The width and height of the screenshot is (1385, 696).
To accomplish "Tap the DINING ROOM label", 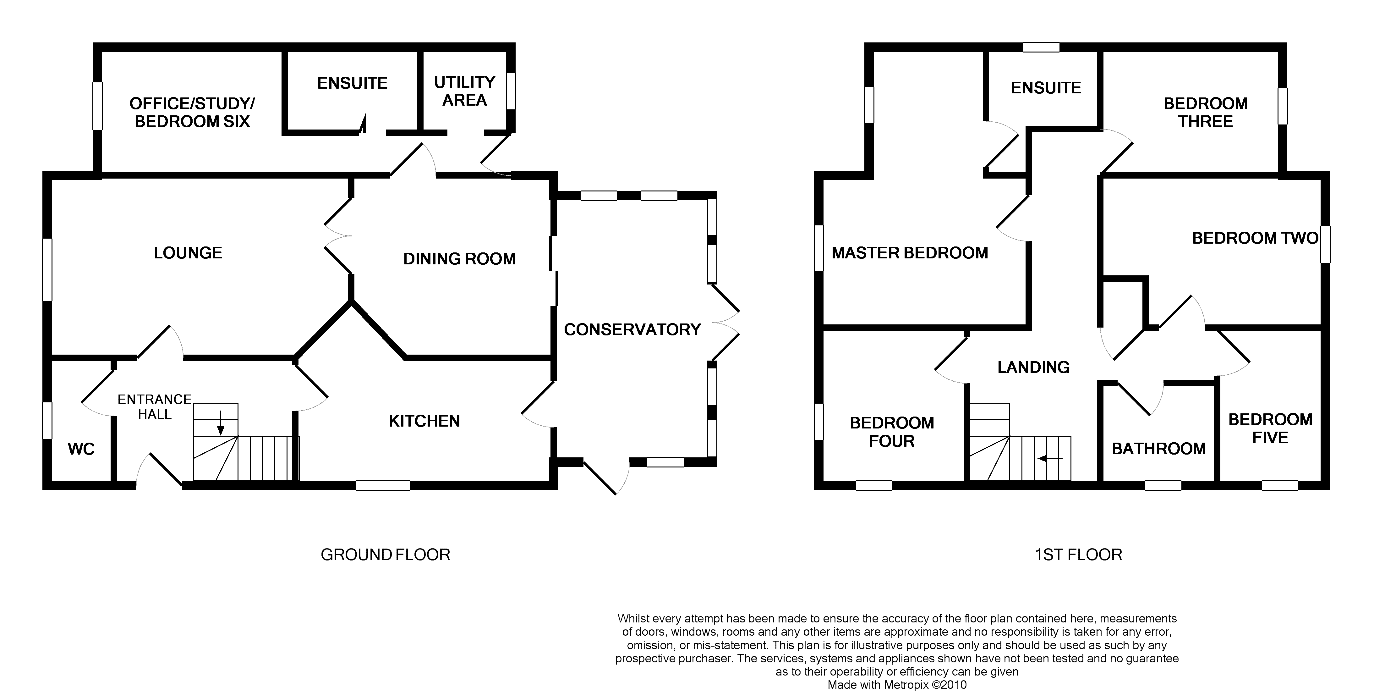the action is point(459,259).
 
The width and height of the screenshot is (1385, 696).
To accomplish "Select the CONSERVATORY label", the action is point(632,329).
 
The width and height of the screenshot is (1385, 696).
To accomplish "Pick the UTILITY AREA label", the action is point(464,91).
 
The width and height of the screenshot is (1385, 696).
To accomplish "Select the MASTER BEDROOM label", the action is point(910,253).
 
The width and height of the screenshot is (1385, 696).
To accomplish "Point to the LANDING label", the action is point(1033,367).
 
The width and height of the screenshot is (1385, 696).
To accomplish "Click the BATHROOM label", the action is point(1159,449).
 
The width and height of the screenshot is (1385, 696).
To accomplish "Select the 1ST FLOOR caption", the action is point(1079,555).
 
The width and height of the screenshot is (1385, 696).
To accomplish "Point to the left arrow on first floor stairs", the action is point(1050,459).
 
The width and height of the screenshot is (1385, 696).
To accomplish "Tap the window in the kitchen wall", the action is point(383,485).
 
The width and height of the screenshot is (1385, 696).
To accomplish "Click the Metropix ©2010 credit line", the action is point(897,685).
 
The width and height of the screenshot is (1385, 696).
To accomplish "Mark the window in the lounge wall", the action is point(47,269).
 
